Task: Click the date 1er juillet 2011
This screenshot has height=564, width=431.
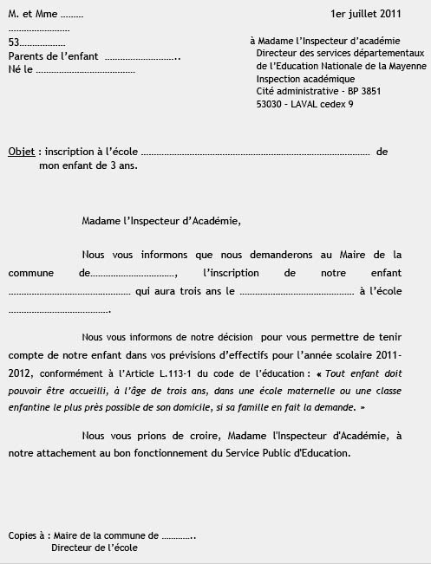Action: (x=365, y=15)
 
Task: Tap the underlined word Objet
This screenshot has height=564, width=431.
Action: (x=22, y=152)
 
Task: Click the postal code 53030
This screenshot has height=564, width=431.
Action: (x=272, y=104)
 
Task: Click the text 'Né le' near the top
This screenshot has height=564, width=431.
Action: (x=20, y=69)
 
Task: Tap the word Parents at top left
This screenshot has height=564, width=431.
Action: (x=25, y=56)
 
